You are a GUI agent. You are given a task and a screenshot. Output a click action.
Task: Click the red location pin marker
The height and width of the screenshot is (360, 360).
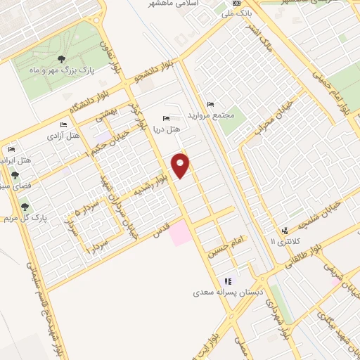pyautogui.click(x=181, y=165)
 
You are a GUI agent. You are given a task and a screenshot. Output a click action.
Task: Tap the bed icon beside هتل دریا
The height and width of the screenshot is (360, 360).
pyautogui.click(x=166, y=118)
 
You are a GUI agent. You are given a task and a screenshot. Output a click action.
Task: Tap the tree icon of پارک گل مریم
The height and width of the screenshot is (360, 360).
pyautogui.click(x=26, y=207)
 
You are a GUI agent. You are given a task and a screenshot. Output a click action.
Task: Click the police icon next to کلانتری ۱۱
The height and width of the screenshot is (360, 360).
pyautogui.click(x=285, y=231)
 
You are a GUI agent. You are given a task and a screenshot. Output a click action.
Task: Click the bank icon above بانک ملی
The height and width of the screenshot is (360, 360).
pyautogui.click(x=236, y=4)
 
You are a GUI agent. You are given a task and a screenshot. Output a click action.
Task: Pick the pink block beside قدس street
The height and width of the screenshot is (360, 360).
pyautogui.click(x=180, y=232)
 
